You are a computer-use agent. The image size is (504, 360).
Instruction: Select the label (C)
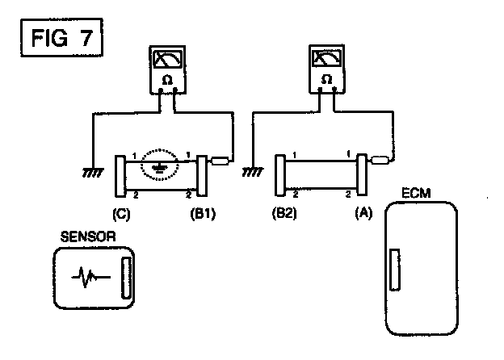point(121,215)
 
